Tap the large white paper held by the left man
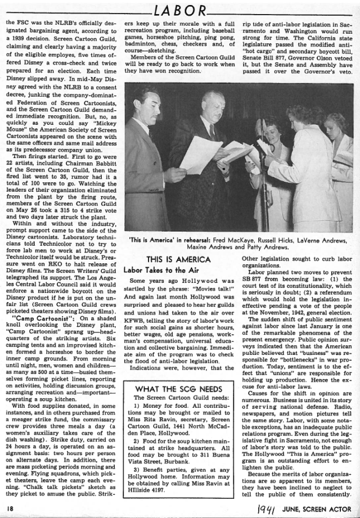tap(200, 154)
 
